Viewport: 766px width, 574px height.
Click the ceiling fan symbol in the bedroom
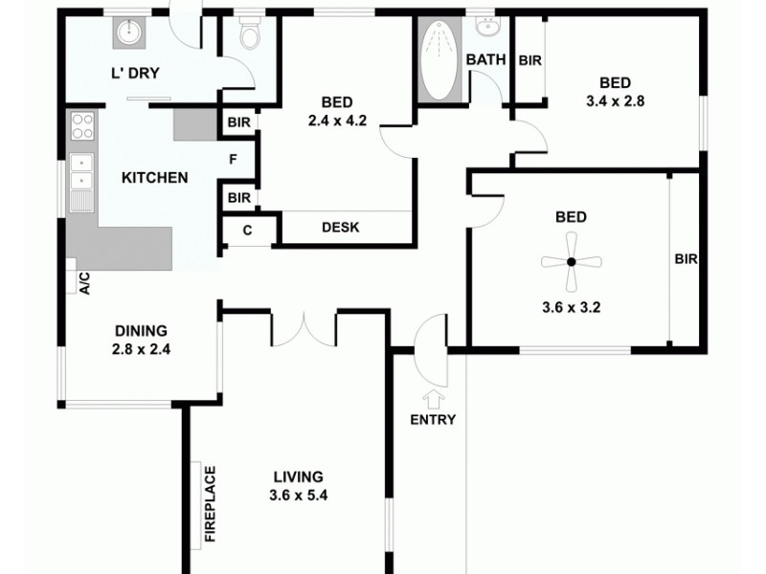(x=571, y=260)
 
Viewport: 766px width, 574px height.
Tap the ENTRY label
(x=433, y=419)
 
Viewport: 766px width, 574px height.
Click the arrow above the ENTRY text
(x=433, y=397)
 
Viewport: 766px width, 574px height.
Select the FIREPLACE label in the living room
(x=210, y=504)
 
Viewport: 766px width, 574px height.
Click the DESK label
(x=340, y=228)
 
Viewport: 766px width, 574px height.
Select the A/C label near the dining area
(x=84, y=282)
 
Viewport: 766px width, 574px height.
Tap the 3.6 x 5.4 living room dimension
(x=299, y=495)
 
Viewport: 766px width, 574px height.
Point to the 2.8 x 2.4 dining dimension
(x=142, y=348)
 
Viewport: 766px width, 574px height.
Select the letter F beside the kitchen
(x=233, y=159)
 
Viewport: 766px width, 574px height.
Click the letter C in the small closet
(x=247, y=230)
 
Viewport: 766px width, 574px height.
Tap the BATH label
(x=485, y=60)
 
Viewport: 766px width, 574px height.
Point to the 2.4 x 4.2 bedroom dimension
(x=338, y=121)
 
